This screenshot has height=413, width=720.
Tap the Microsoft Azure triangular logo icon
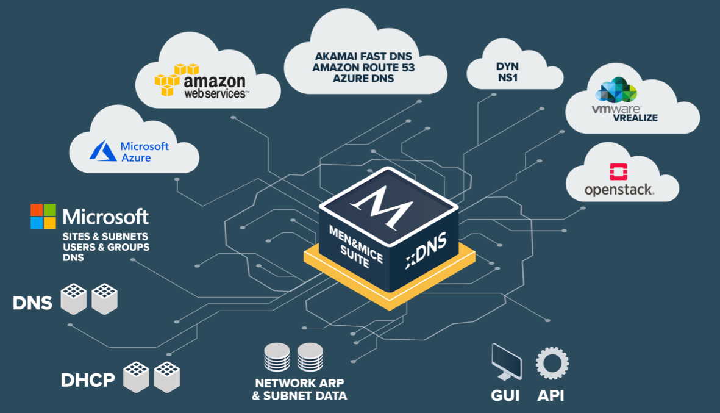tap(103, 151)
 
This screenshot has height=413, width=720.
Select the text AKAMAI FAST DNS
tap(363, 56)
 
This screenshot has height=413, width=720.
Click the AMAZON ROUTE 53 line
tap(363, 67)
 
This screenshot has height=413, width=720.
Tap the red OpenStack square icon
tap(619, 171)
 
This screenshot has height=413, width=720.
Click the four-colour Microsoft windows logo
tap(43, 217)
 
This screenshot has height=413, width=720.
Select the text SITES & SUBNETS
tap(105, 236)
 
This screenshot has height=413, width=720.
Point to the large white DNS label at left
tap(33, 303)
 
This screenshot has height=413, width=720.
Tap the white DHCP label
tap(88, 381)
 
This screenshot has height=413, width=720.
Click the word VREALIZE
tap(636, 118)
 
